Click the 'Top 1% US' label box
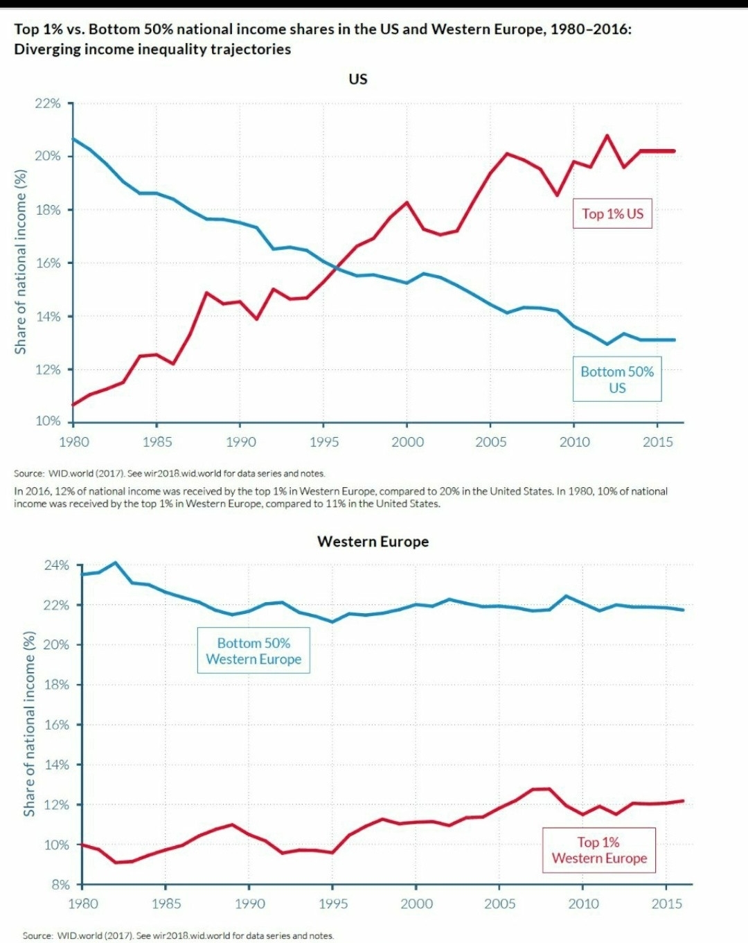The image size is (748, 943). [612, 213]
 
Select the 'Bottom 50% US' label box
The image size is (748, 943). [617, 380]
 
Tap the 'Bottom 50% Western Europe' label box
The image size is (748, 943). [253, 651]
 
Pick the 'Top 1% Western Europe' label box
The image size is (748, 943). [599, 850]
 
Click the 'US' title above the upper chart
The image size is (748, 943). [358, 79]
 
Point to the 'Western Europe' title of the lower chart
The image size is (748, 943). [373, 542]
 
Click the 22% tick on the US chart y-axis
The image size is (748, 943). [48, 103]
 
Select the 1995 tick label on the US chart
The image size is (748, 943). [323, 442]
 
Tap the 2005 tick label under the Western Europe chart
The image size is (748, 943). [499, 904]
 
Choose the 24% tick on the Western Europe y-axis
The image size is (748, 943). [57, 565]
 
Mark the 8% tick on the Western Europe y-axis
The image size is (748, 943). [60, 885]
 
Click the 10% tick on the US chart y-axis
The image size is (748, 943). [48, 421]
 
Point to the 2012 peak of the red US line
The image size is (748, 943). [607, 135]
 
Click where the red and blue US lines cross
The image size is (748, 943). [337, 267]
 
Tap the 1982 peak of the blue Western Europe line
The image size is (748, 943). [115, 563]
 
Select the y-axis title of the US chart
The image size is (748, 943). [21, 262]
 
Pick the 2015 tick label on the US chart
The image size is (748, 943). [657, 442]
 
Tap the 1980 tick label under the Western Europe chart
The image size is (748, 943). [83, 904]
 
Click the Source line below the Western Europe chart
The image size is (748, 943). [178, 935]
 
